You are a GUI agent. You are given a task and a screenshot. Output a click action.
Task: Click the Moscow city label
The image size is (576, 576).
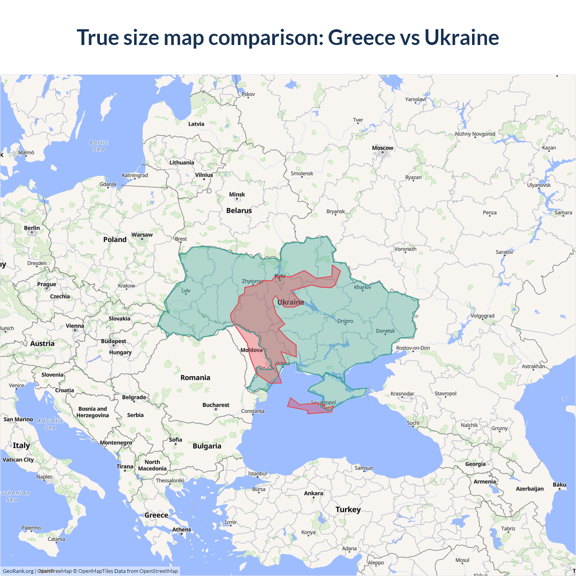pos(382,148)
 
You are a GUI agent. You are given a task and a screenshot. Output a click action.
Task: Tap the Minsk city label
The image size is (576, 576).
pos(237,195)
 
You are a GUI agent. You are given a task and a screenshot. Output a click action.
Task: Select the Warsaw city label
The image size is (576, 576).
pos(142,235)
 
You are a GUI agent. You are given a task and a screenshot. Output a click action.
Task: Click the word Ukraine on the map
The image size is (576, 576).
pos(291,302)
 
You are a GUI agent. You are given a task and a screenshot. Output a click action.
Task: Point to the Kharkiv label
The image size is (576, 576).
pos(362,287)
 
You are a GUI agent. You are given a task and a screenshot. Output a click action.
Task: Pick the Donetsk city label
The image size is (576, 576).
pos(385,331)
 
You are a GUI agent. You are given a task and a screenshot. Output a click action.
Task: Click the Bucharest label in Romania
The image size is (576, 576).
pos(216,405)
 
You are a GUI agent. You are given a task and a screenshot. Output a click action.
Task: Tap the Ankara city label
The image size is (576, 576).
pos(313,494)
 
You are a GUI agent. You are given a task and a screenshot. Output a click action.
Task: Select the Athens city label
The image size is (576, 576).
pos(181,530)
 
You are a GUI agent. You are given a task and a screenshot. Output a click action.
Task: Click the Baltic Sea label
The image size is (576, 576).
pos(99,146)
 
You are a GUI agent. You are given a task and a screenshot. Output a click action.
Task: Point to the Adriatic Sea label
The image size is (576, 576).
pos(50,424)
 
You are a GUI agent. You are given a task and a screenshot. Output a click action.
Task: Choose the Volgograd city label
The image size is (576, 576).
pos(482,316)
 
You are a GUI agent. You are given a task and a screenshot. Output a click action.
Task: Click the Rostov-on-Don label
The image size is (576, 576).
pos(413,348)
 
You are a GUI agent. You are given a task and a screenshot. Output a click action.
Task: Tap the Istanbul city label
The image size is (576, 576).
pos(257,473)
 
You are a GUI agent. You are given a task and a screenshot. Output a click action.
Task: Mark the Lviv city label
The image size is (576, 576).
pos(186,291)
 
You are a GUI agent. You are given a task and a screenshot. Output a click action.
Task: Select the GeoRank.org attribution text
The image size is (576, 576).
pos(18,571)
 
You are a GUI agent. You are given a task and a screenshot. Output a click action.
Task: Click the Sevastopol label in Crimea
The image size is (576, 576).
pos(323,402)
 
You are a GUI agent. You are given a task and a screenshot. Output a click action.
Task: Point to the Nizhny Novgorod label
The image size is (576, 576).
pos(475,134)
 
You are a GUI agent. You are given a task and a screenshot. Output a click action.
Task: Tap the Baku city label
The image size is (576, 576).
pos(559,485)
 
